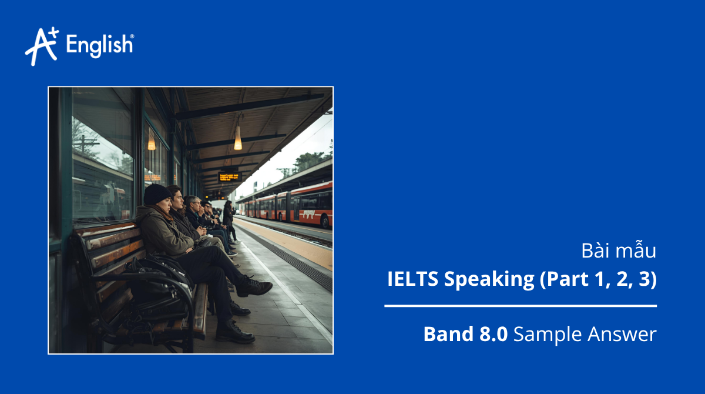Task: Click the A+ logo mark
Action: (41, 46)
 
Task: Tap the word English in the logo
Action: (100, 45)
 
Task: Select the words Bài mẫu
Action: (618, 251)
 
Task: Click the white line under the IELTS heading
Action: (521, 306)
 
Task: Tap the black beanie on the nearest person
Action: (157, 194)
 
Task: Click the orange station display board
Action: (230, 176)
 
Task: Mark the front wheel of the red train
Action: (325, 222)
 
